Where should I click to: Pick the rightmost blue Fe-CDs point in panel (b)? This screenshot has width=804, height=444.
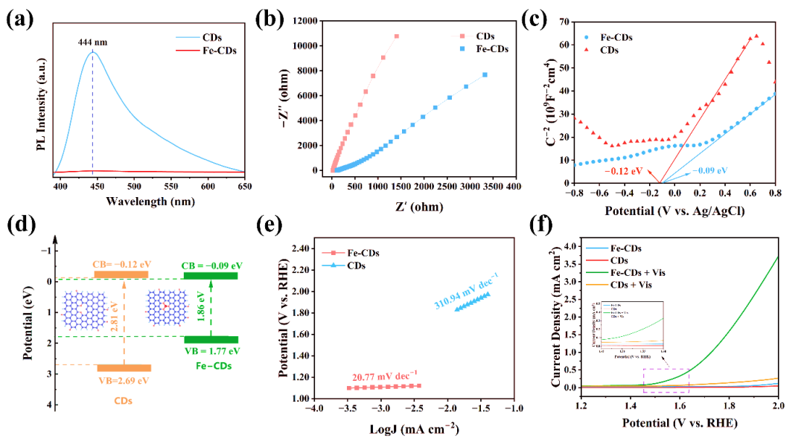coord(485,74)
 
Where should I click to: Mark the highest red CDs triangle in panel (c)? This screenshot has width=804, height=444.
coord(756,36)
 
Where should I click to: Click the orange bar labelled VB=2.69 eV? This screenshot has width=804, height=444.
coord(124,367)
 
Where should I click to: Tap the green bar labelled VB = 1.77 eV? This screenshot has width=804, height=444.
coord(211,339)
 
